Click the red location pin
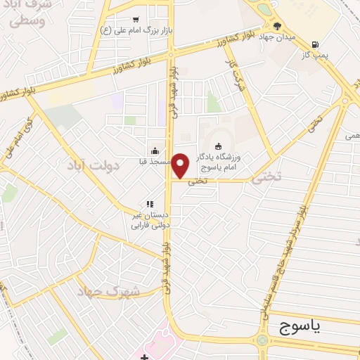(x=181, y=164)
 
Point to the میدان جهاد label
(x=278, y=37)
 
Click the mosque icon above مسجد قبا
(x=155, y=150)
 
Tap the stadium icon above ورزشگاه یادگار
(x=217, y=146)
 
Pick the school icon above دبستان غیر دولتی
(x=149, y=204)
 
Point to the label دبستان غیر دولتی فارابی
(x=147, y=221)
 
